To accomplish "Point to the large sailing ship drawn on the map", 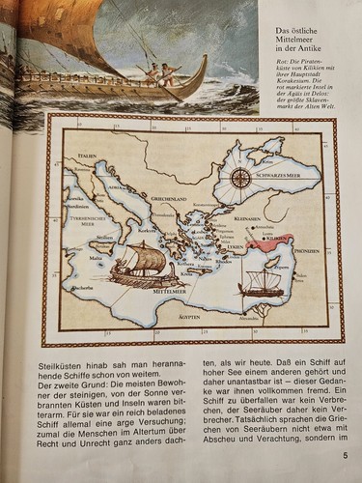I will (x=145, y=265).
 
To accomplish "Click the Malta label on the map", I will (x=96, y=258).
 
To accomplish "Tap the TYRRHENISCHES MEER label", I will (x=89, y=220).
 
